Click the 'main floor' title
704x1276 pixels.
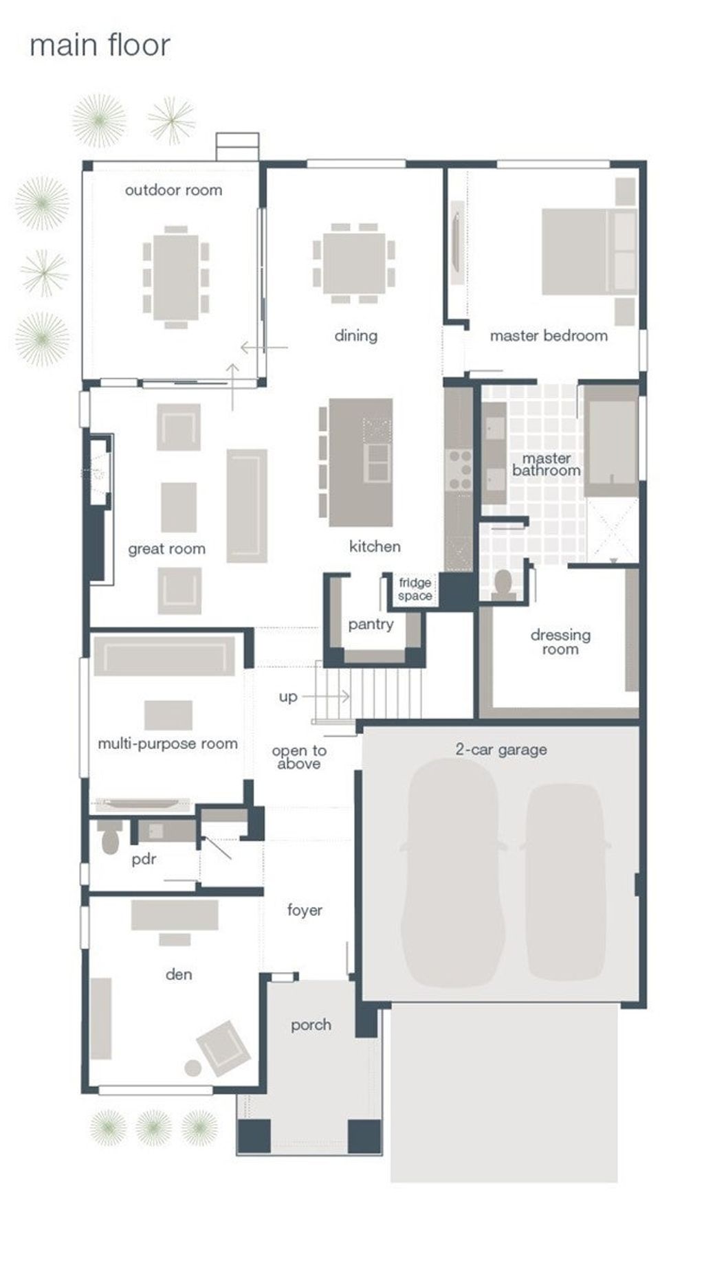(x=100, y=45)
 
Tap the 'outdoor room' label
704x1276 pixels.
(x=174, y=190)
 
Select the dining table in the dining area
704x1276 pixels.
(x=354, y=264)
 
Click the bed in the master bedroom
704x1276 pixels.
(x=588, y=251)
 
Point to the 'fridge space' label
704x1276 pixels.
(x=415, y=590)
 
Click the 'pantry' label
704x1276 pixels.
(x=371, y=624)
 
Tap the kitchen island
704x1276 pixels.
(x=360, y=462)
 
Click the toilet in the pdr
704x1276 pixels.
(x=110, y=837)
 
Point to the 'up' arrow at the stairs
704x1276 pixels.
(x=325, y=697)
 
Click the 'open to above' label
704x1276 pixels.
(x=299, y=757)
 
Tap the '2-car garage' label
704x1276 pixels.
(x=501, y=750)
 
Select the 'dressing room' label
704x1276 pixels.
(x=560, y=642)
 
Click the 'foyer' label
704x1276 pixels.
(x=305, y=910)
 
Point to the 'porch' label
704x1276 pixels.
(x=311, y=1025)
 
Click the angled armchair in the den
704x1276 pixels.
(x=223, y=1048)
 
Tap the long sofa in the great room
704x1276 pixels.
(x=247, y=506)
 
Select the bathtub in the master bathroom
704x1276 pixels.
(x=611, y=440)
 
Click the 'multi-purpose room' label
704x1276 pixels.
(x=168, y=744)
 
